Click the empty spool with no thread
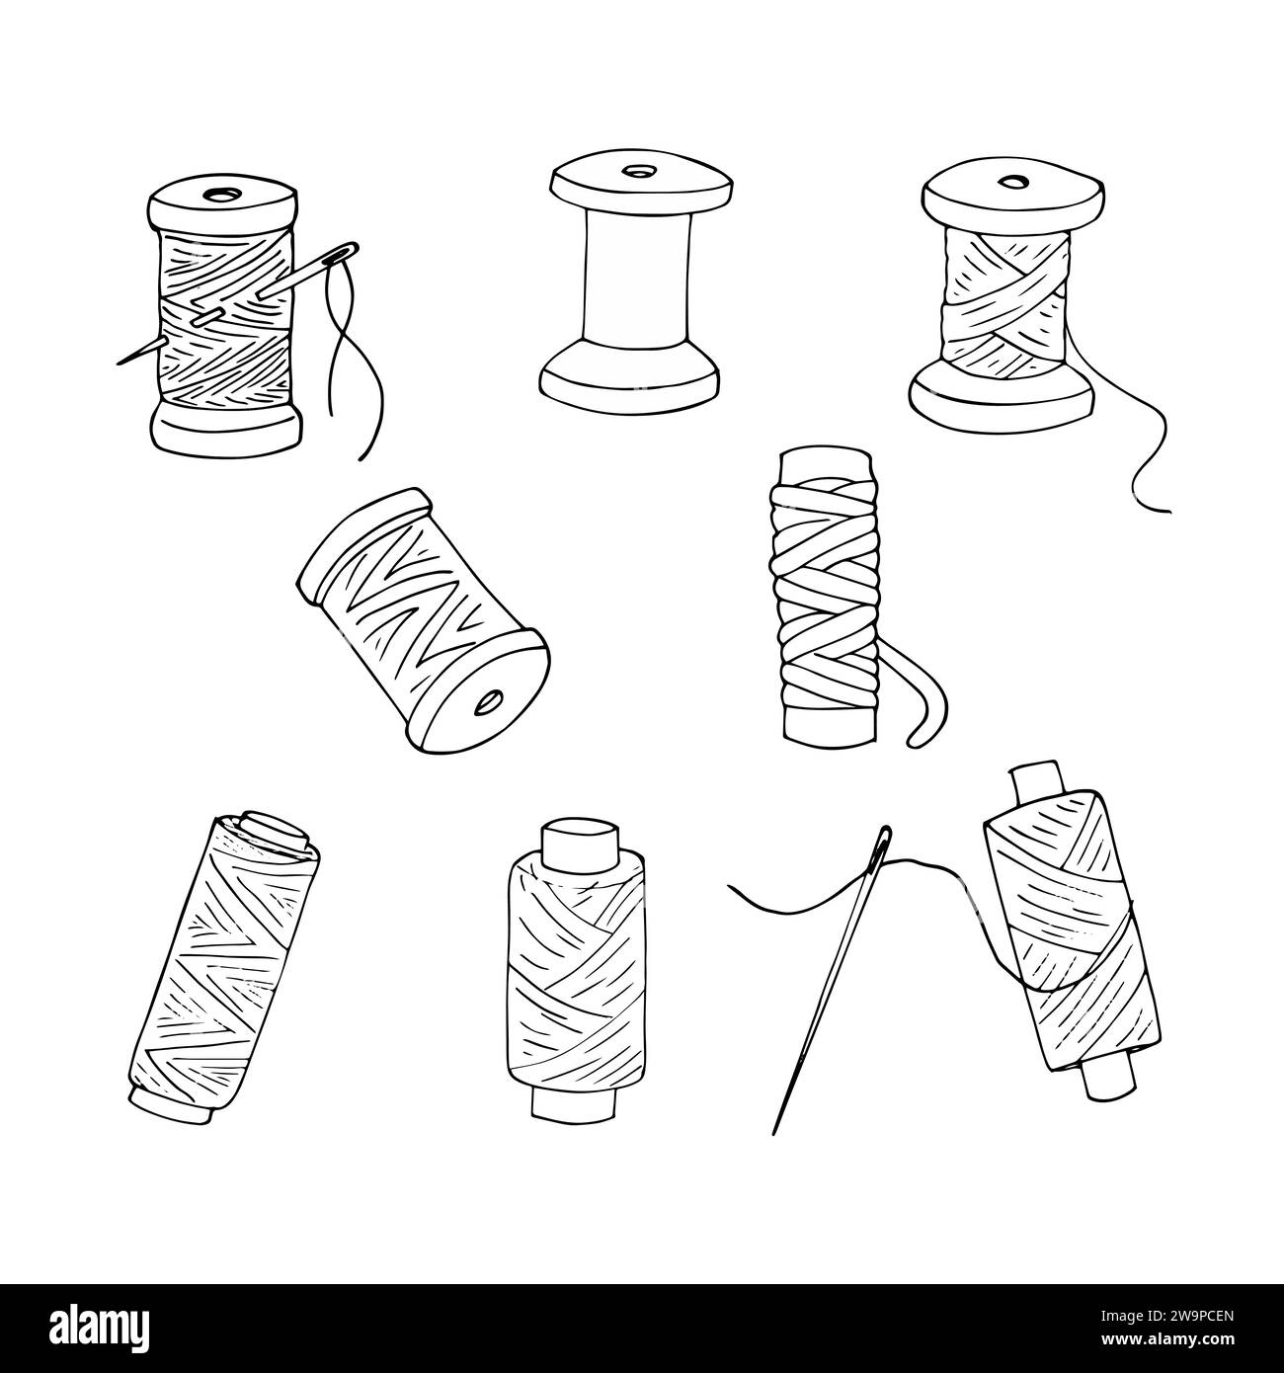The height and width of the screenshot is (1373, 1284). coord(637,286)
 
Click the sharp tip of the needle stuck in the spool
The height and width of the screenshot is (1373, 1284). coord(120,361)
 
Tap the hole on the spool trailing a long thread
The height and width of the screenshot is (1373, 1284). coord(1011,183)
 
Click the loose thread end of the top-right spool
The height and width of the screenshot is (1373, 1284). coord(1165,510)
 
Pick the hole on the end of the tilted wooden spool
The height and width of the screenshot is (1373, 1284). coord(488,704)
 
